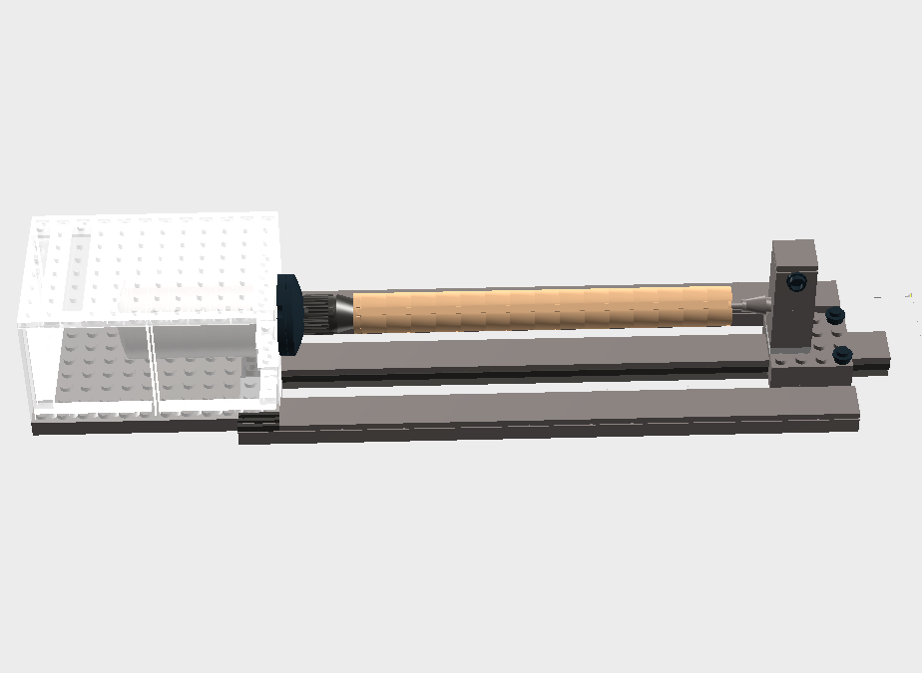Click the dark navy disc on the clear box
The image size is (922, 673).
coord(289,314)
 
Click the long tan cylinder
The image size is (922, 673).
coord(539,307)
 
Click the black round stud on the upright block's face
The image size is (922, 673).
coord(796,282)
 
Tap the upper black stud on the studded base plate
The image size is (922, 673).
coord(835,317)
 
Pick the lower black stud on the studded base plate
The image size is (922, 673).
coord(842,352)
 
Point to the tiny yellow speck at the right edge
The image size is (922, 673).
coord(909,294)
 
